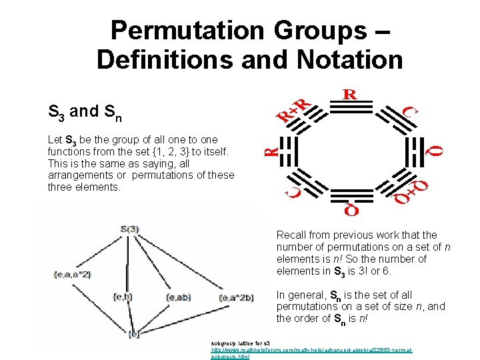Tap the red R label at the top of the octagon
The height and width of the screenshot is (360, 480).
pos(349,94)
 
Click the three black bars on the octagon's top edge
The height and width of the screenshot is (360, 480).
pos(349,111)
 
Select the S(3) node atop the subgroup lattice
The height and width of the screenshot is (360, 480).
pos(130,229)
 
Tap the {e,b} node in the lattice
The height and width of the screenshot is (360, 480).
pos(123,296)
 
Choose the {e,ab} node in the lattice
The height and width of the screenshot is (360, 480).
pos(181,297)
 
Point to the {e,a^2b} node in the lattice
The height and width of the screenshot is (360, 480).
pos(237,297)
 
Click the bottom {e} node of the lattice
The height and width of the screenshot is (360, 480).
pos(134,333)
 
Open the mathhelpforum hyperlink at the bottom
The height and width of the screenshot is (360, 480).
pos(312,349)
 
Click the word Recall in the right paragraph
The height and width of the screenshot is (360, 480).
pos(292,235)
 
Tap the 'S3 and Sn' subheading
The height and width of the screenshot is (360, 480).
pos(85,112)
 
